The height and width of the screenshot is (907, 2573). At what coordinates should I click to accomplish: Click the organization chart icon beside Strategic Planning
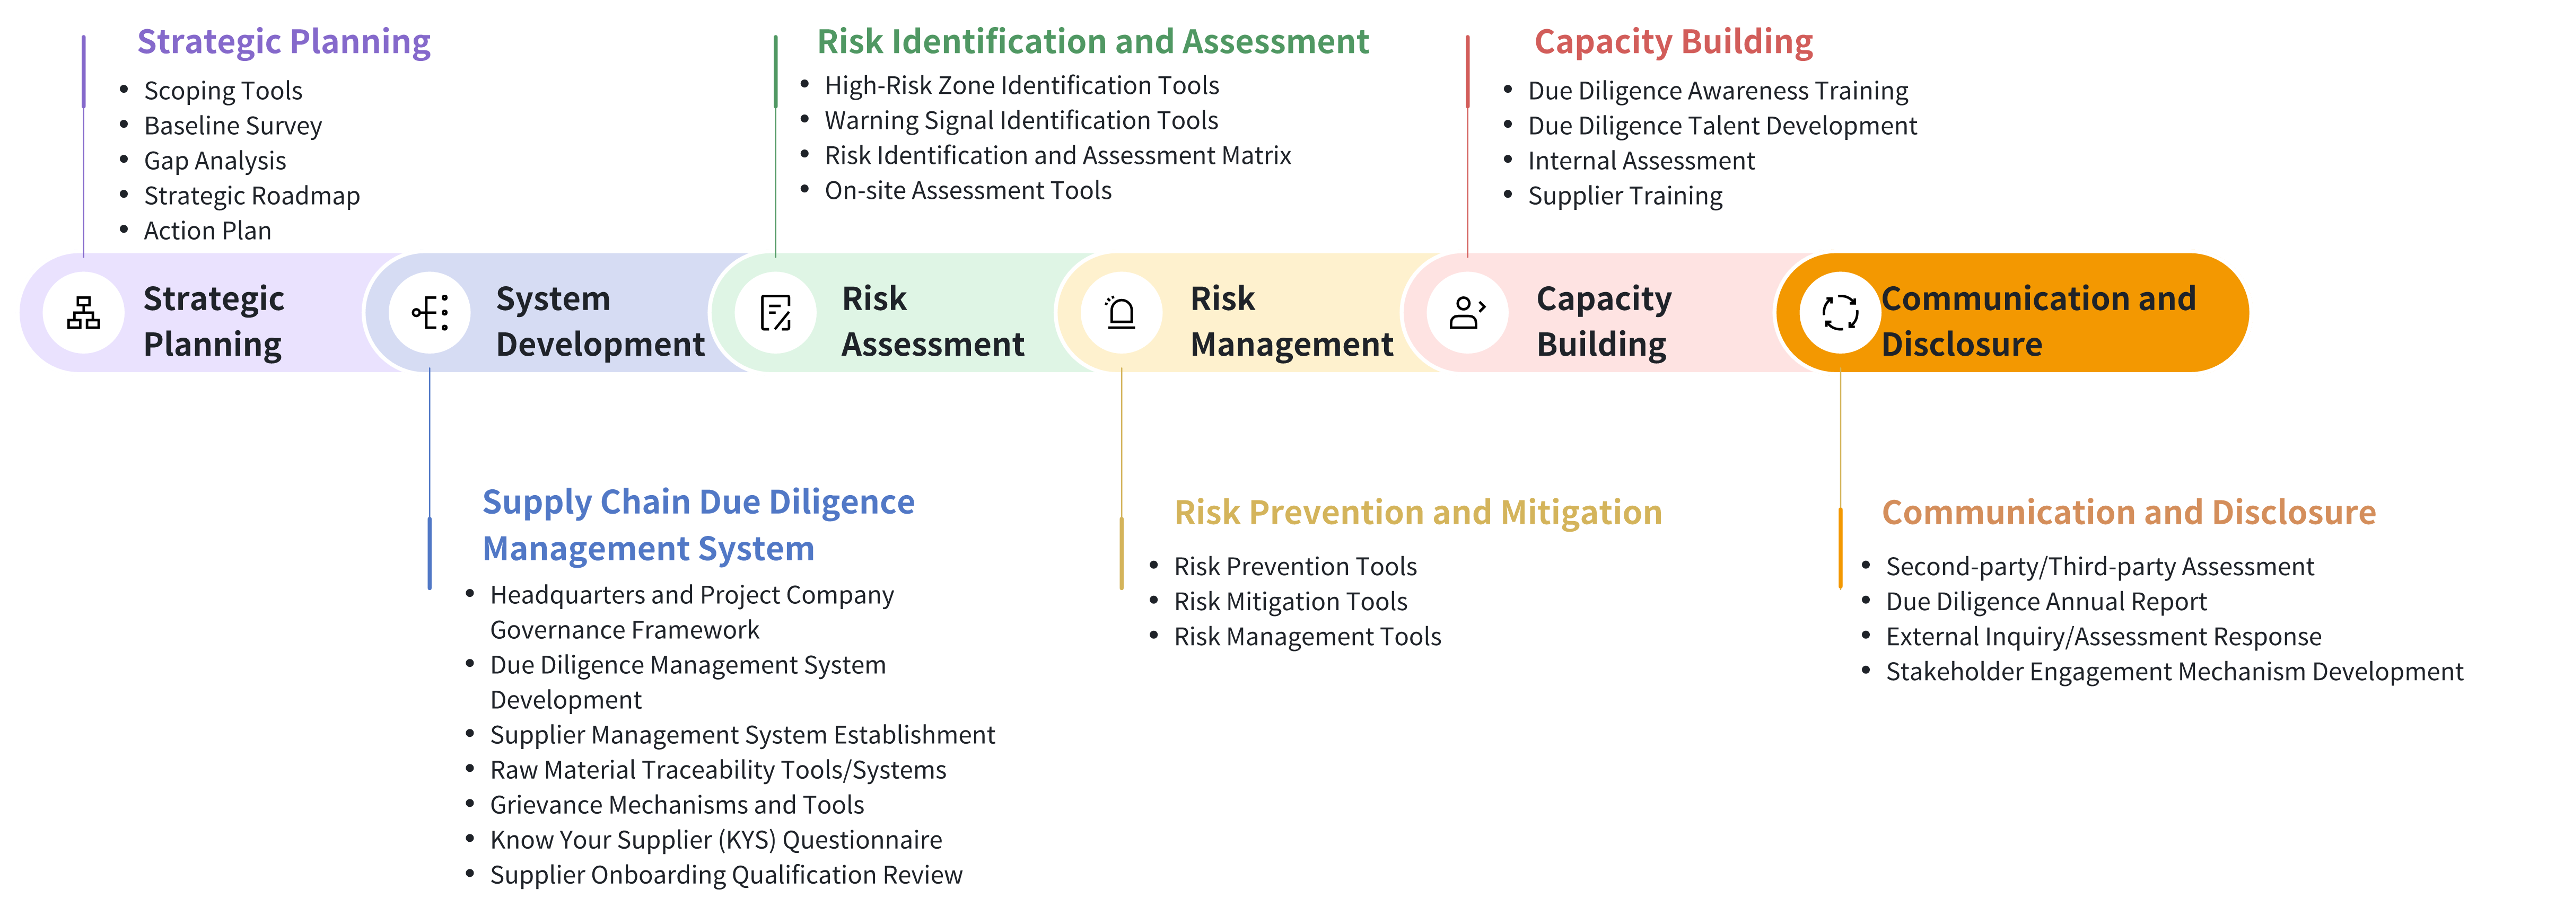click(x=84, y=313)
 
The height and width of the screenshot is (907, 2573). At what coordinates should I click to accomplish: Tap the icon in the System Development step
click(x=431, y=313)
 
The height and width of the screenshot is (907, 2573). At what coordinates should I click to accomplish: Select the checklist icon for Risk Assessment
click(x=776, y=313)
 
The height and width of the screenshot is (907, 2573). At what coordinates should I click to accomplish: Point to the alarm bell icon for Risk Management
click(x=1122, y=313)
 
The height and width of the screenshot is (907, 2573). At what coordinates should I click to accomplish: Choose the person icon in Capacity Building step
click(x=1467, y=313)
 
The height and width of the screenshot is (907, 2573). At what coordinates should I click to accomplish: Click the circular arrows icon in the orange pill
click(x=1840, y=313)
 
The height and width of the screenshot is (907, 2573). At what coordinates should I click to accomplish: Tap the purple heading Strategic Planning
click(x=284, y=42)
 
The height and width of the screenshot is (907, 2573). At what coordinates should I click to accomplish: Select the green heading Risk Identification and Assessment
click(x=1093, y=42)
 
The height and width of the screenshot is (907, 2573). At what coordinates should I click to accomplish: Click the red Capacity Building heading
click(x=1673, y=42)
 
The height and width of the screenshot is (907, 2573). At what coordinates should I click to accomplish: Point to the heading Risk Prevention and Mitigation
click(x=1419, y=513)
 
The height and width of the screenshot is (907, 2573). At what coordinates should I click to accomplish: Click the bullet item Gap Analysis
click(x=215, y=161)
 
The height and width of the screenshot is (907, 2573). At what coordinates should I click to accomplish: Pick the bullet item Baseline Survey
click(x=233, y=126)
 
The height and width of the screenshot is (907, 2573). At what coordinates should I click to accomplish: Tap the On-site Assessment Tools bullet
click(x=968, y=191)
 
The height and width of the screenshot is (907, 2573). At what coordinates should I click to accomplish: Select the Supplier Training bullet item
click(x=1625, y=196)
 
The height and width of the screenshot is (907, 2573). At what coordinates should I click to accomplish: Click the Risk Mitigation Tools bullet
click(x=1291, y=601)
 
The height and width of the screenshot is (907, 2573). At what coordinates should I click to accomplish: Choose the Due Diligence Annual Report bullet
click(x=2046, y=601)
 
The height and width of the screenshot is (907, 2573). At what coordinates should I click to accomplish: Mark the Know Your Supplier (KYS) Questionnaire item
click(x=716, y=840)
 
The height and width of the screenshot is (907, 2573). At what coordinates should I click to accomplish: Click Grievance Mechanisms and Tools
click(x=677, y=805)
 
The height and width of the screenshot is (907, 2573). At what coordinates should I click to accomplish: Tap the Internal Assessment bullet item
click(x=1641, y=161)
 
